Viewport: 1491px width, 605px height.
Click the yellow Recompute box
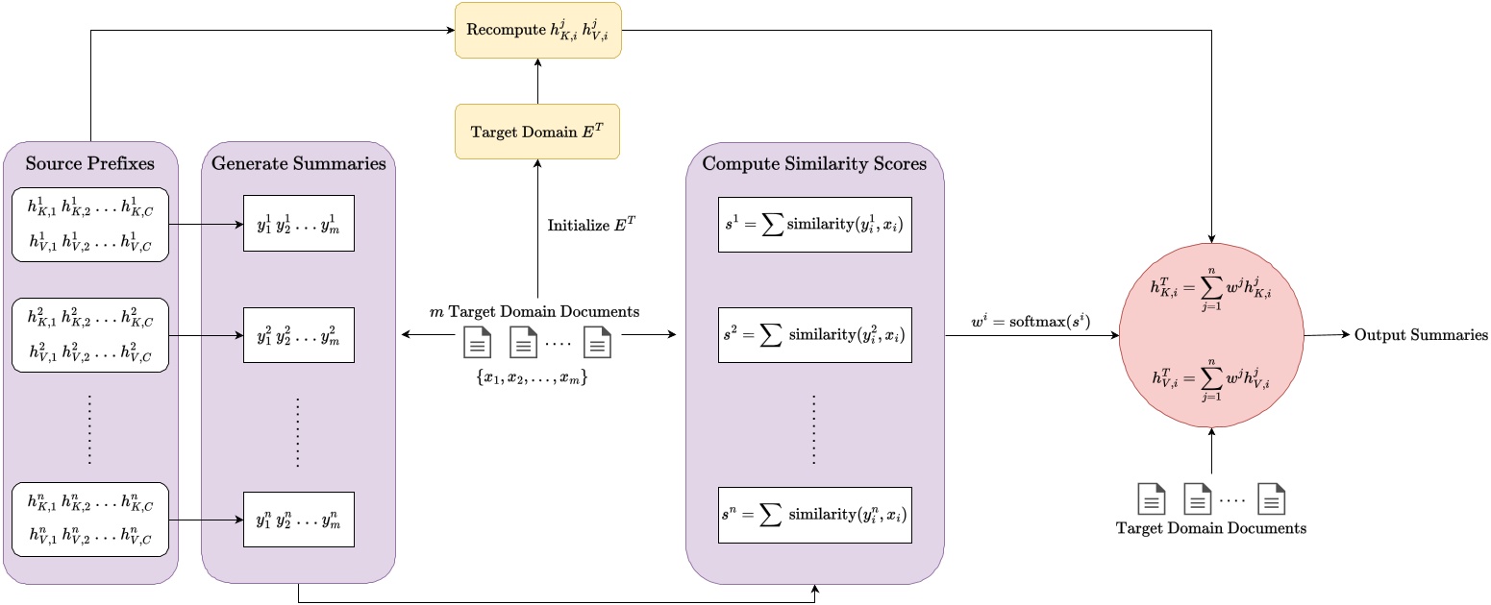[537, 29]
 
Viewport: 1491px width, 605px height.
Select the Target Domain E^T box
[537, 132]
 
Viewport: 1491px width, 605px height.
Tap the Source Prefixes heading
[90, 163]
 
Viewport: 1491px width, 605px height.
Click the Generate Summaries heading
[298, 163]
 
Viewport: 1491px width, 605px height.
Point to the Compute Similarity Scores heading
[814, 163]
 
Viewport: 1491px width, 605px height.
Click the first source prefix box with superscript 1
[90, 225]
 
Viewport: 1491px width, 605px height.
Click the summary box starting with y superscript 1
[298, 225]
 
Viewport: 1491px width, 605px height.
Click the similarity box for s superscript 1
[814, 225]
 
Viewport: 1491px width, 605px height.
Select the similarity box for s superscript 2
[814, 336]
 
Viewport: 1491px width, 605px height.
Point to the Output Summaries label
[1421, 335]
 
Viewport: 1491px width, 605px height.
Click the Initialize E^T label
[592, 226]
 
